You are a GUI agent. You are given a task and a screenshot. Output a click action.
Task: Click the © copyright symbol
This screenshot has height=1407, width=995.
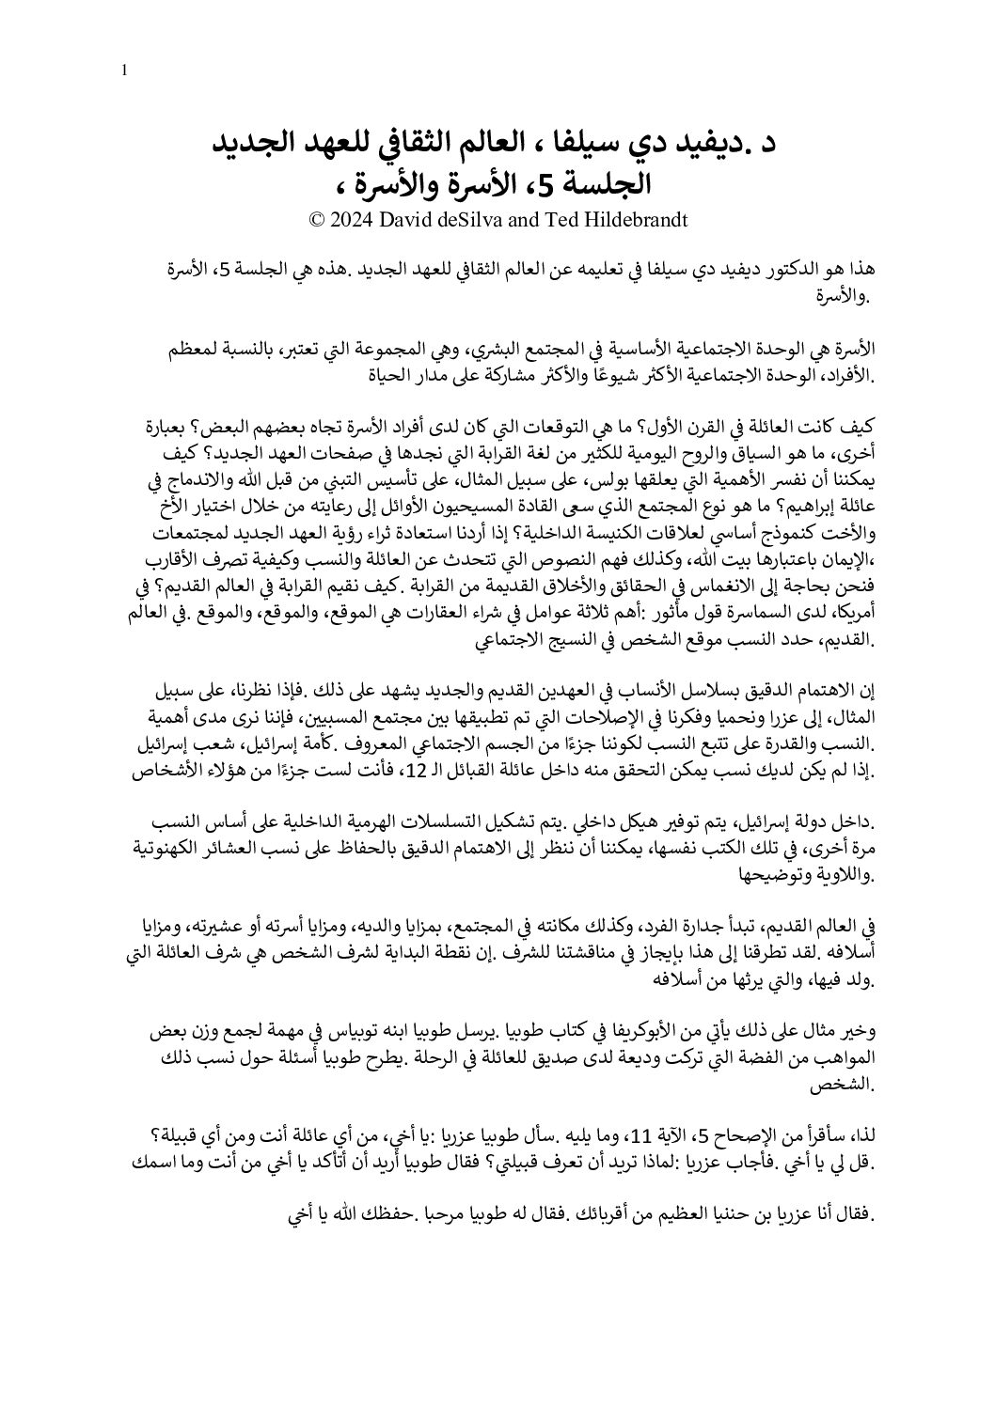(317, 221)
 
